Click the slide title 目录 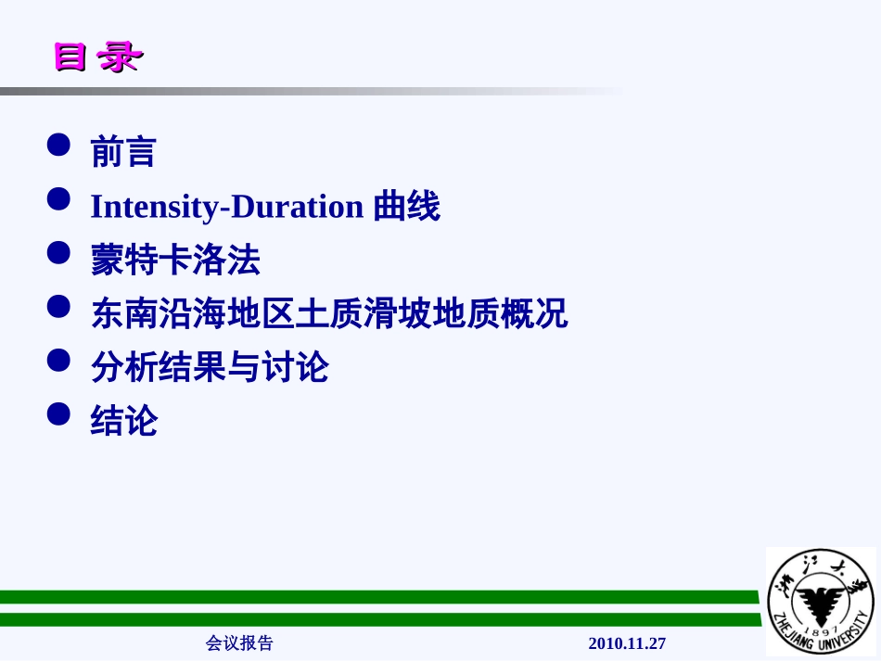(x=96, y=57)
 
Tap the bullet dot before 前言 (x=58, y=145)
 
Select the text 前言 (x=123, y=152)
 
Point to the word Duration (x=297, y=206)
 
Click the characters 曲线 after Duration (x=406, y=206)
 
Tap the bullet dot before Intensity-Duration (x=58, y=198)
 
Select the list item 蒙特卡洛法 (x=175, y=261)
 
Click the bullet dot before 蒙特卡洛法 (x=58, y=252)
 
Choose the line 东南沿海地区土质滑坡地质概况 (x=329, y=313)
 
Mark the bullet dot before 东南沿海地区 (x=58, y=306)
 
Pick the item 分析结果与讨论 (x=210, y=367)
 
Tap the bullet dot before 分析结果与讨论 (x=58, y=360)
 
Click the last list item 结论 (x=123, y=421)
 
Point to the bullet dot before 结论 (x=58, y=413)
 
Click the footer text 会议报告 (x=239, y=642)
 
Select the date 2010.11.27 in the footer (x=627, y=642)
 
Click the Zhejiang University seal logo (x=820, y=601)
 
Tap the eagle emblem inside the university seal (x=819, y=598)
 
